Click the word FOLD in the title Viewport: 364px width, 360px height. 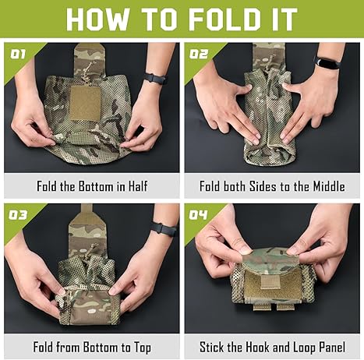click(x=223, y=19)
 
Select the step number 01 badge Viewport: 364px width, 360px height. click(x=18, y=55)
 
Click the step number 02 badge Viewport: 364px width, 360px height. click(x=199, y=55)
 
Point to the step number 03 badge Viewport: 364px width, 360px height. click(x=18, y=215)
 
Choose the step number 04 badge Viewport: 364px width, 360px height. click(x=199, y=215)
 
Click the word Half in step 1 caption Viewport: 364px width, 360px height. click(x=138, y=186)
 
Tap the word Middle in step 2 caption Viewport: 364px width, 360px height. click(x=329, y=186)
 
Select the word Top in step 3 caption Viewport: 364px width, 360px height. click(x=143, y=348)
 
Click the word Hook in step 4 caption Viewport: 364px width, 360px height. click(x=257, y=347)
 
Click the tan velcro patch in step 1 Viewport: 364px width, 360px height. click(x=85, y=104)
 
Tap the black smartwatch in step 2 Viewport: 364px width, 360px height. click(x=328, y=63)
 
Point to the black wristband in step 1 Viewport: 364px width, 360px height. click(x=155, y=79)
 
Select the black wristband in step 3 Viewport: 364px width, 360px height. click(x=164, y=229)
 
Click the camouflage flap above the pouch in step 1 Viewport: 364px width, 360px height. click(x=90, y=60)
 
